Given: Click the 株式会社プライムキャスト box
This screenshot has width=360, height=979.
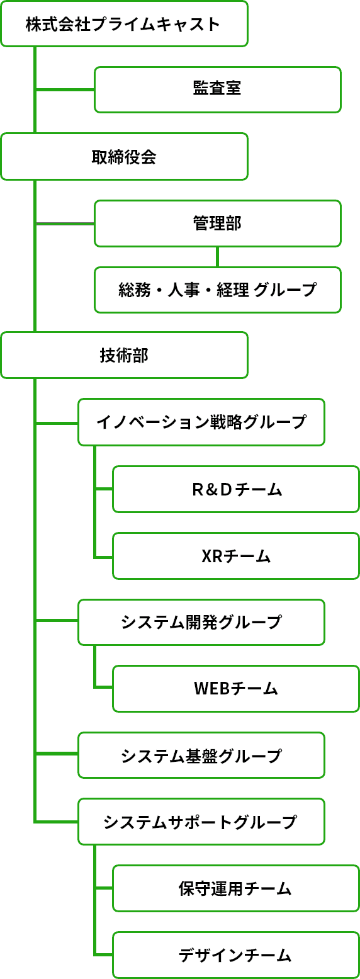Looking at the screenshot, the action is tap(125, 23).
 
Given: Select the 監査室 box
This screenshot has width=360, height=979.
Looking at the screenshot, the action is tap(218, 89).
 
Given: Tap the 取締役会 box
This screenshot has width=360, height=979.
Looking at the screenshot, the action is tap(125, 157).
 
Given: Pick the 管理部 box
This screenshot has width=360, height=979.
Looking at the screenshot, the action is tap(218, 224).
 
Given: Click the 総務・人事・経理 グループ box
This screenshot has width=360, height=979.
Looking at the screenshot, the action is tap(218, 290).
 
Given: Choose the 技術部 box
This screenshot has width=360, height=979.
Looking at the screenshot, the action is tap(125, 355).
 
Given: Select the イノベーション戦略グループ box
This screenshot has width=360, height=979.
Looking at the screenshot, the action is tap(201, 422).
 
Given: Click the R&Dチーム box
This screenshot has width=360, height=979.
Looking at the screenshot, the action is tap(236, 489).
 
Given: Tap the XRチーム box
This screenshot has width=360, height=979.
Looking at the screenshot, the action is tap(236, 556).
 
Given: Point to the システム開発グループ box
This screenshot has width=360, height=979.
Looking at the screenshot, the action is tap(201, 623).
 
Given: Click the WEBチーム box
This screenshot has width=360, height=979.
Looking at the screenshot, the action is tap(236, 689).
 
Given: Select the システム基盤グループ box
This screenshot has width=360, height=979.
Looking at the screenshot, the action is tap(201, 755).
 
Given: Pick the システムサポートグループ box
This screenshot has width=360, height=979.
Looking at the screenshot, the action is tap(201, 822).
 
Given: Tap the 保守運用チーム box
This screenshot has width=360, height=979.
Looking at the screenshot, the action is tap(236, 888).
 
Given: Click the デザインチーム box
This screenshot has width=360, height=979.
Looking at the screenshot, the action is tap(236, 955).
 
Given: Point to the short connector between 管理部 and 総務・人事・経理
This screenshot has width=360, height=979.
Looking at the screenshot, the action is tap(218, 257).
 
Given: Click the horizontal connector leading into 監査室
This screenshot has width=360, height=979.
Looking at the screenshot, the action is tap(65, 90).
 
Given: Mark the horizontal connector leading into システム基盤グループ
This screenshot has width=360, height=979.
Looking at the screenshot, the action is tap(57, 754).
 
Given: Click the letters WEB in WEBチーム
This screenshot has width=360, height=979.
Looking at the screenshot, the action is tap(211, 689).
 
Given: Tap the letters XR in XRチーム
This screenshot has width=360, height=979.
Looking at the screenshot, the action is tap(212, 557).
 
